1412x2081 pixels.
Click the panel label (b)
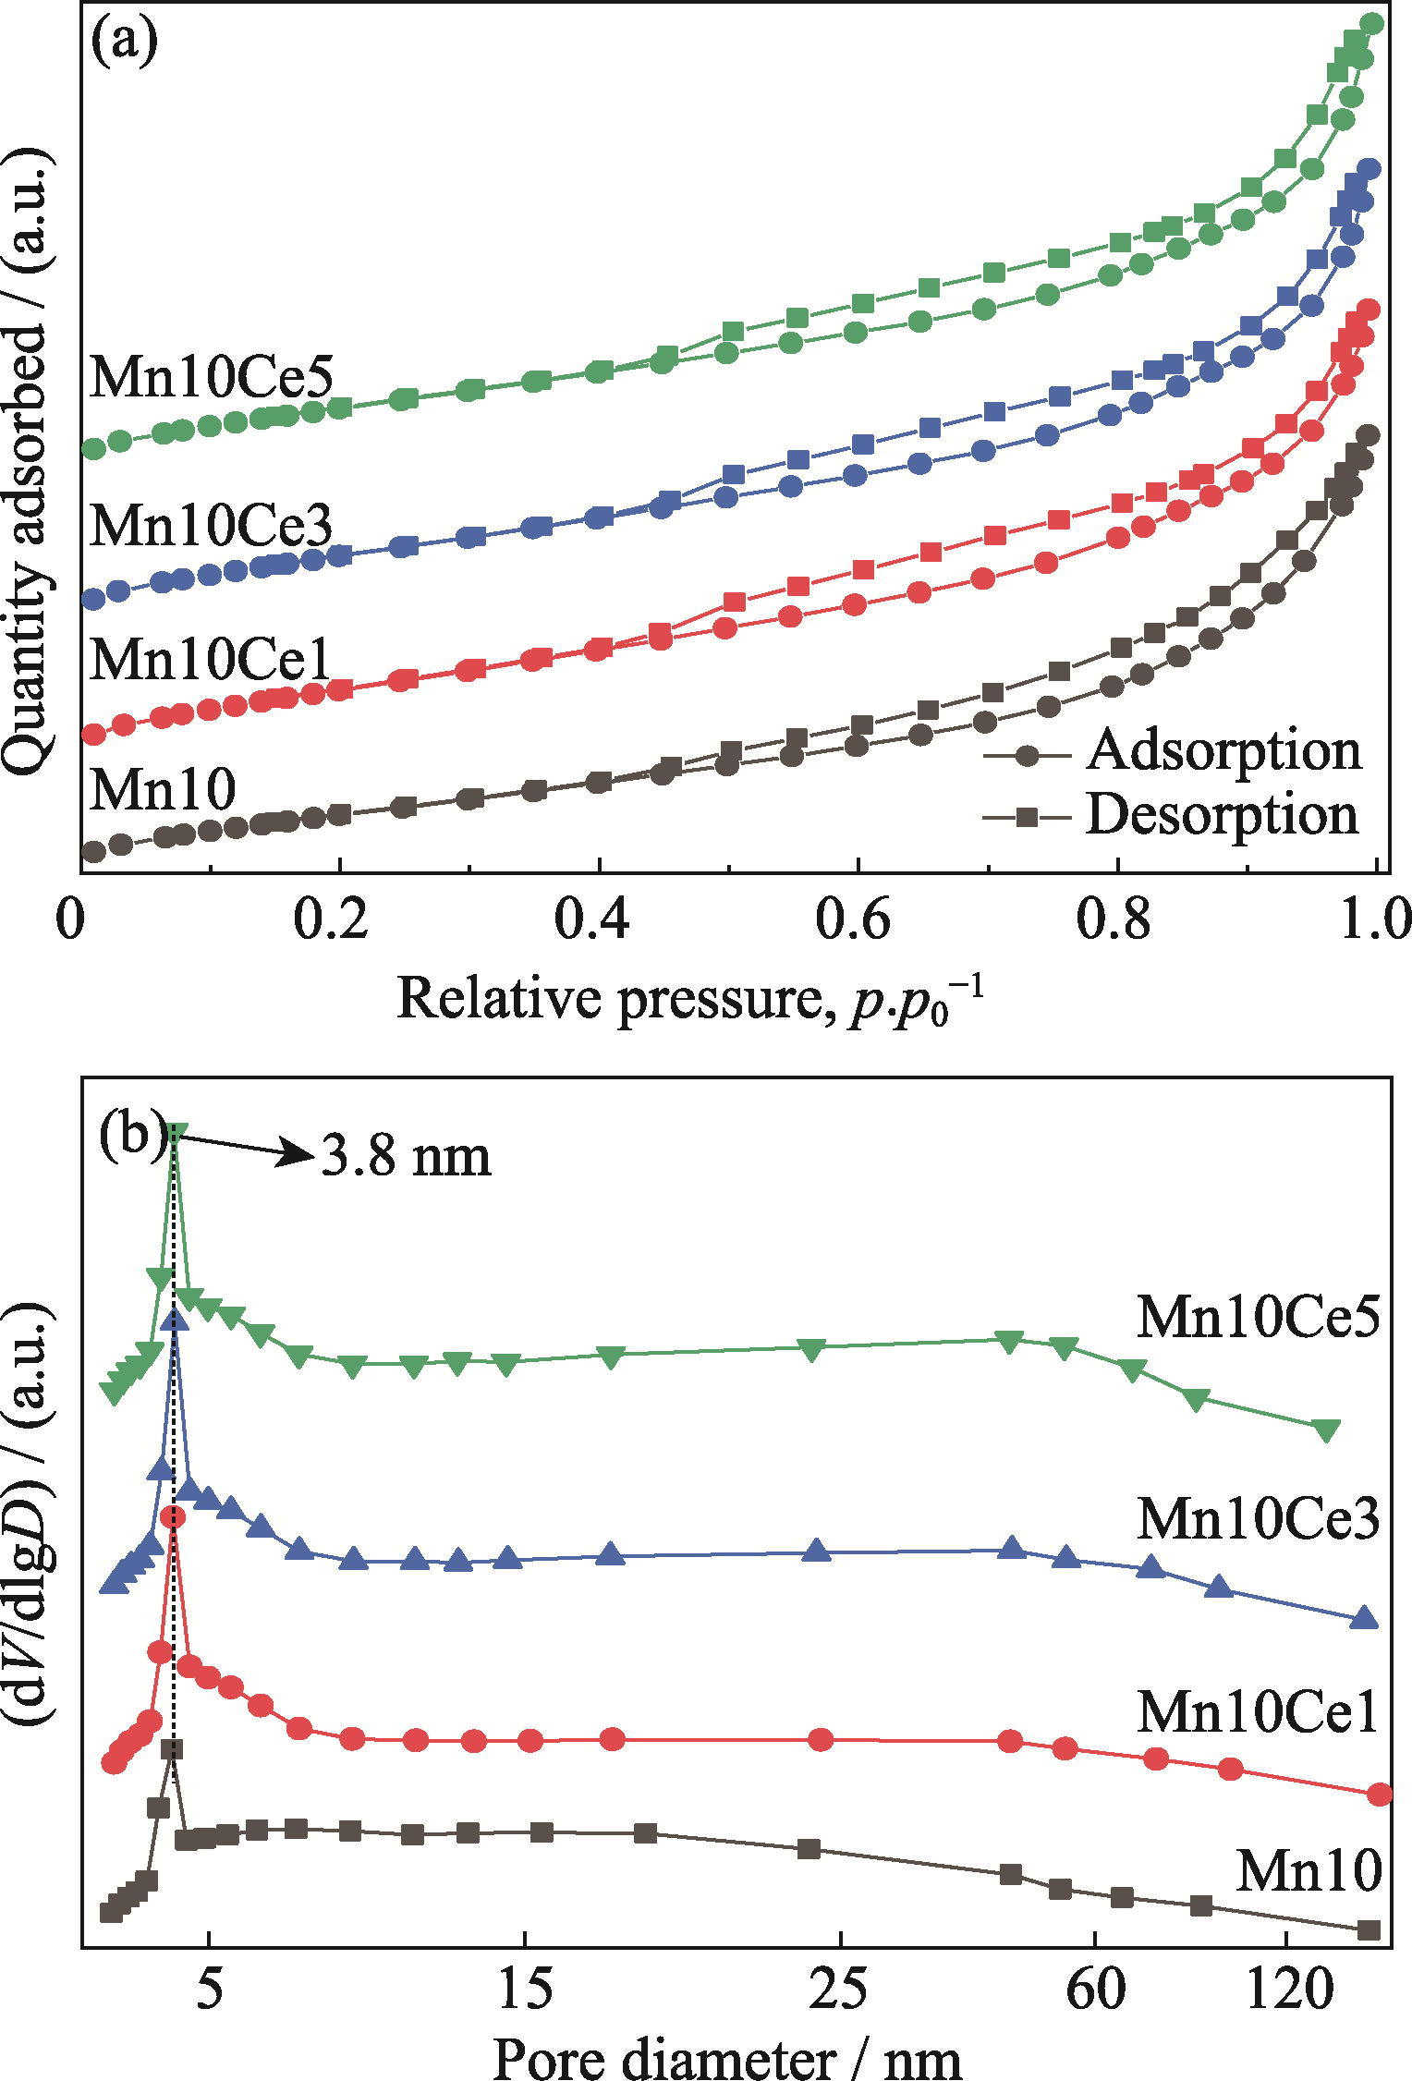[x=133, y=1135]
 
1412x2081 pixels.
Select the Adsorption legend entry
[x=1223, y=750]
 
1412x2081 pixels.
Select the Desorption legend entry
[x=1221, y=815]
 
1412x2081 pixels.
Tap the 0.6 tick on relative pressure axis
[x=852, y=920]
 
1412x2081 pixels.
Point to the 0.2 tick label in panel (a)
[x=330, y=920]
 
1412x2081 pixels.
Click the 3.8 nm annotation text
[x=406, y=1156]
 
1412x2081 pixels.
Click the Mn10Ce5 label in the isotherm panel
[x=212, y=376]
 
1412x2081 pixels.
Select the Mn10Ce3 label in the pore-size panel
[x=1258, y=1518]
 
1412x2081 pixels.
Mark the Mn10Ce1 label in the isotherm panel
[x=212, y=660]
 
